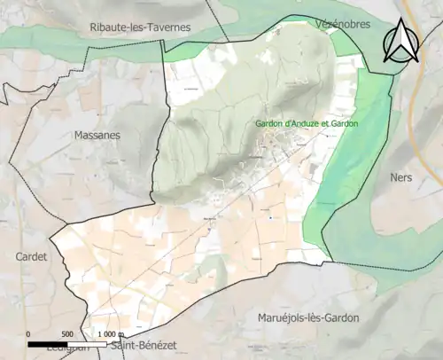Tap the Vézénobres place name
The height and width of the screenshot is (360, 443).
341,26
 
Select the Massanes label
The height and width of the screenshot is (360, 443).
95,135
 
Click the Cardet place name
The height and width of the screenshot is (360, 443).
32,256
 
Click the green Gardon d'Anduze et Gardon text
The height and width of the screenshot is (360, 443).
307,123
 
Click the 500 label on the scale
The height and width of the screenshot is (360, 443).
66,333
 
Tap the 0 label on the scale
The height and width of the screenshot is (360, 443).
28,333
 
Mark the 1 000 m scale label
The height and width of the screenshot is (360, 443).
106,333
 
